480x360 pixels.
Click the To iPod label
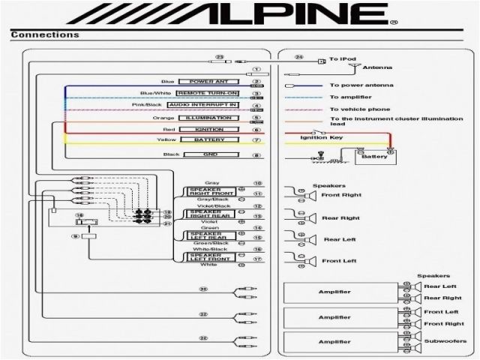(342, 58)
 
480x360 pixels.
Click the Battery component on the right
(374, 157)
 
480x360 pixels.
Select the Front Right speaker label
(340, 196)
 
